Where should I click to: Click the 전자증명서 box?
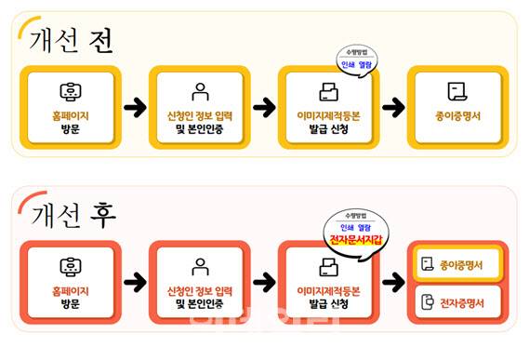click(x=456, y=302)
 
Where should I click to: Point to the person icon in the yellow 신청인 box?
click(x=199, y=92)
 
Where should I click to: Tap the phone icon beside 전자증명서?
click(x=426, y=302)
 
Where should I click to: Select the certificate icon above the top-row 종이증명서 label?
click(x=456, y=91)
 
